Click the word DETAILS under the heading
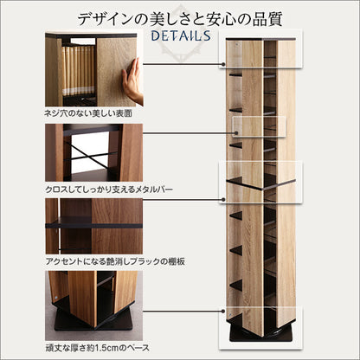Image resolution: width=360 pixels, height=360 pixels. [181, 35]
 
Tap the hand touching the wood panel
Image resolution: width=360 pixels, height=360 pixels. [132, 81]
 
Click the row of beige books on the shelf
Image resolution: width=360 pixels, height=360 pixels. [79, 70]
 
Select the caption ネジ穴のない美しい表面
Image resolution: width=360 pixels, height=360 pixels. [88, 113]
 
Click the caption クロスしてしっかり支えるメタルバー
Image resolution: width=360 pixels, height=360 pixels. [109, 190]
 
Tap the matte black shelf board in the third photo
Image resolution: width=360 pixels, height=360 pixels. [94, 223]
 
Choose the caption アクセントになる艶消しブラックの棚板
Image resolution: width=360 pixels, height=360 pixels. [115, 261]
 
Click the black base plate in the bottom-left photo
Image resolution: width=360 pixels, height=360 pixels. [93, 322]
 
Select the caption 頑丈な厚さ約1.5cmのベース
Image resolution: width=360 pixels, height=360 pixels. [98, 348]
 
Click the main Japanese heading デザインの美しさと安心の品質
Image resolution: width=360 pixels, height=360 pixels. [180, 19]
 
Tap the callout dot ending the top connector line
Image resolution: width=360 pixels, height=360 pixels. [223, 64]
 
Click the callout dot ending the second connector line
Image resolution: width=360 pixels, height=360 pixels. [236, 133]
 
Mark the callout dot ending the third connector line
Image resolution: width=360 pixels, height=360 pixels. [223, 199]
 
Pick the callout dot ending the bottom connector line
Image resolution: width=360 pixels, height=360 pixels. [223, 312]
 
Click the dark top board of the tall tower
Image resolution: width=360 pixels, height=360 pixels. [260, 39]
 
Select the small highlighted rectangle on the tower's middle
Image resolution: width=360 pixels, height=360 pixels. [259, 127]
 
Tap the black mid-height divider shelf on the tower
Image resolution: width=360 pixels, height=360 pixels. [261, 184]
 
